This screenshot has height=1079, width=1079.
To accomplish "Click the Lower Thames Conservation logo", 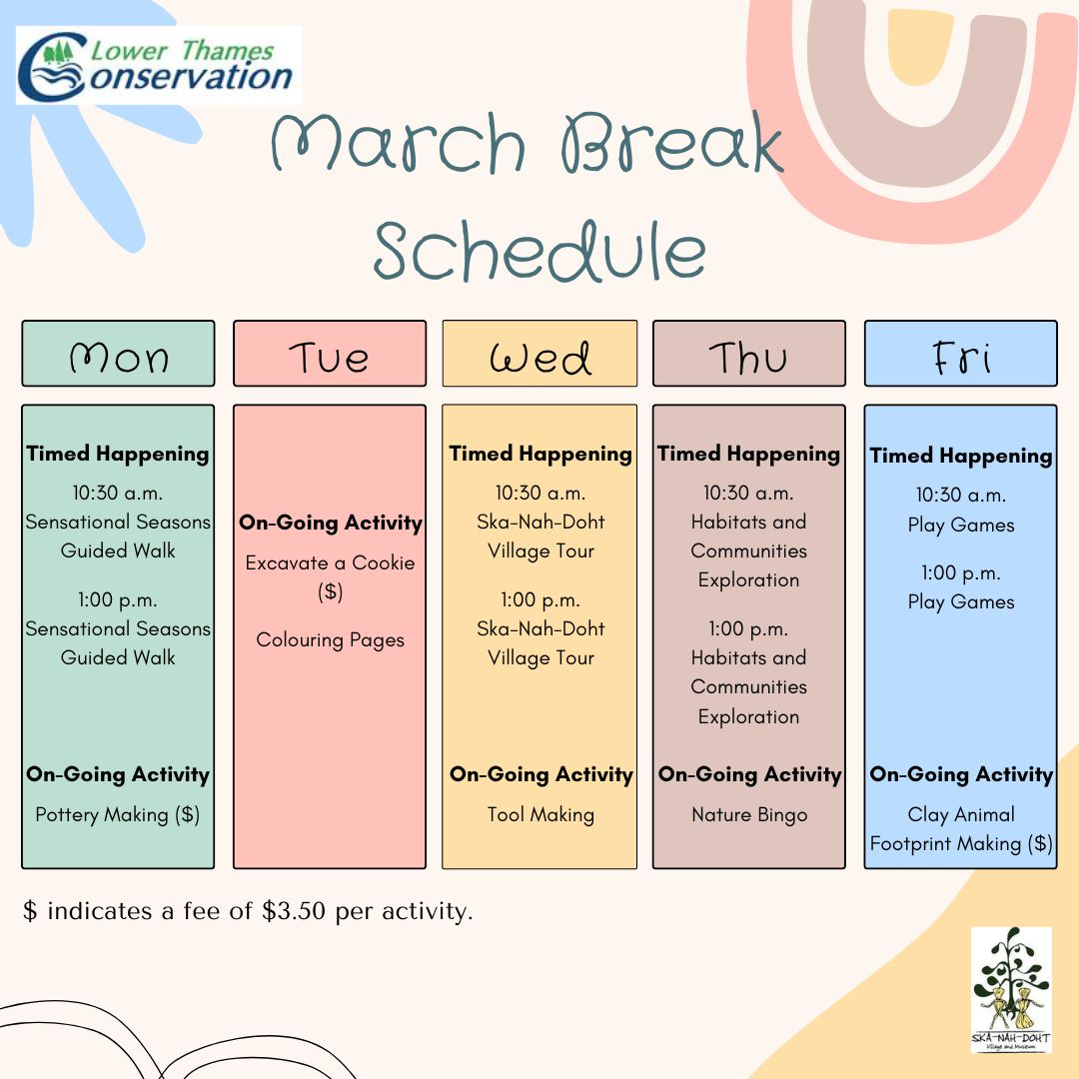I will click(x=158, y=65).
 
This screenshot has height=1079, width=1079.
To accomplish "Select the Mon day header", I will click(x=118, y=354).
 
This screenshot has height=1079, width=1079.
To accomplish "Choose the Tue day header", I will click(x=330, y=354).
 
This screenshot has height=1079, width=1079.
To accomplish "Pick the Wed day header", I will click(x=539, y=354).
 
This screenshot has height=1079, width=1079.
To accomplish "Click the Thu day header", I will click(x=749, y=354).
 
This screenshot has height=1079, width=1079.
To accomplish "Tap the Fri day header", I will click(x=960, y=354).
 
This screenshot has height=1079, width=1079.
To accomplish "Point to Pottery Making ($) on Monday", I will click(x=118, y=814).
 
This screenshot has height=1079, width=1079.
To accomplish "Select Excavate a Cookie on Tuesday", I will click(x=330, y=563).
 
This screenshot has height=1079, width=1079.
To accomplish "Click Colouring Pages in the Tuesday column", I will click(x=330, y=639).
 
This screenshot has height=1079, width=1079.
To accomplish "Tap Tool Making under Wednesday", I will click(x=540, y=814).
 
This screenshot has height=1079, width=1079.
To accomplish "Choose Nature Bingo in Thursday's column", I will click(x=749, y=814).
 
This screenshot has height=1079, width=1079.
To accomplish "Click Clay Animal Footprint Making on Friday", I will click(x=961, y=829).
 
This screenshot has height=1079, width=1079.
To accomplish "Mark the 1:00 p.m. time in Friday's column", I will click(x=961, y=572).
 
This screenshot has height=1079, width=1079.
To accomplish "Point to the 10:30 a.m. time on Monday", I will click(x=118, y=493).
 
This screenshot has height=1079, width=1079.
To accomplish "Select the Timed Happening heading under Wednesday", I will click(x=540, y=454).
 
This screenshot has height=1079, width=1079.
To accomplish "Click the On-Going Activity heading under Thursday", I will click(x=749, y=774).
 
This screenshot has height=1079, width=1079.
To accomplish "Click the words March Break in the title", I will click(x=528, y=146).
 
